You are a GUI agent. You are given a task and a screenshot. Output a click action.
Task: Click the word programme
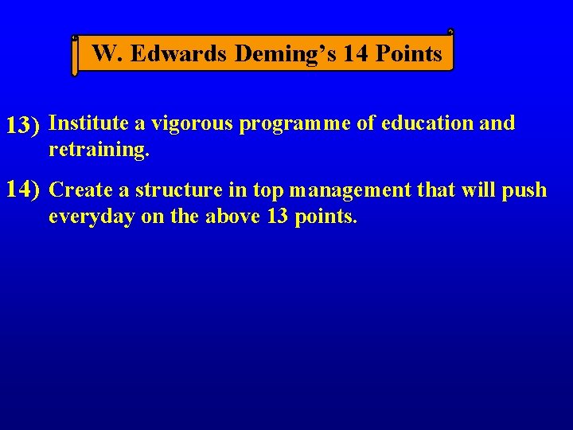tap(286, 124)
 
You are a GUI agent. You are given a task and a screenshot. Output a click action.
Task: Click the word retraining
tap(98, 150)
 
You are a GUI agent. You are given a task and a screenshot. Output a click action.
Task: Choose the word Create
tap(81, 190)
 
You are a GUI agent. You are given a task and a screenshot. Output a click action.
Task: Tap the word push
tap(528, 190)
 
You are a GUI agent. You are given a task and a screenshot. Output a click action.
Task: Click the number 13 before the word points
tap(277, 217)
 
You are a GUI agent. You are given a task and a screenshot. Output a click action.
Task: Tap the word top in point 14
tap(268, 191)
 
